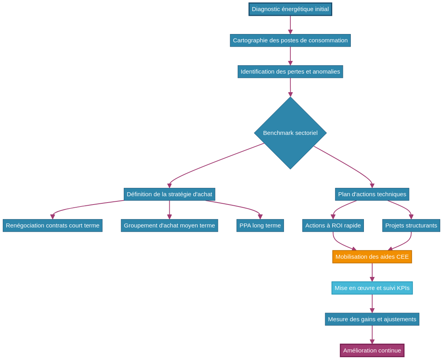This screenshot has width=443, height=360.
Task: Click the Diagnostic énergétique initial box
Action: pyautogui.click(x=290, y=9)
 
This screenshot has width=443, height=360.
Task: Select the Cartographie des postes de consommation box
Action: pyautogui.click(x=290, y=40)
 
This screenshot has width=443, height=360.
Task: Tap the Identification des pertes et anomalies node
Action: pyautogui.click(x=290, y=72)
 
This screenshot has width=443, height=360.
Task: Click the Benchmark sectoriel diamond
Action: pyautogui.click(x=290, y=133)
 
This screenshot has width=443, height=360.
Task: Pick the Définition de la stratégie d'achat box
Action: pyautogui.click(x=169, y=194)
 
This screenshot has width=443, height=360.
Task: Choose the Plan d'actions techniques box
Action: pyautogui.click(x=372, y=194)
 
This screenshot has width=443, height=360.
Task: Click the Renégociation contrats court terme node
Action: pyautogui.click(x=53, y=225)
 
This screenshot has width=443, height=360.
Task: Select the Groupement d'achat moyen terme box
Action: pyautogui.click(x=169, y=225)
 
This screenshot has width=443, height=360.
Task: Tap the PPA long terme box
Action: pyautogui.click(x=260, y=225)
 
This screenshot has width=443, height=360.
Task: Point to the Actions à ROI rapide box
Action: pyautogui.click(x=333, y=225)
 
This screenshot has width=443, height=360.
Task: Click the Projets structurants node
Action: pyautogui.click(x=411, y=225)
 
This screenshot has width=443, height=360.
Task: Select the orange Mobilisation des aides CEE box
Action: pyautogui.click(x=372, y=257)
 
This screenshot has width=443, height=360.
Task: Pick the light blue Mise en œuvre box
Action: pyautogui.click(x=372, y=288)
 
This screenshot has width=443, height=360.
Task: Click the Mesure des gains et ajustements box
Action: pyautogui.click(x=372, y=319)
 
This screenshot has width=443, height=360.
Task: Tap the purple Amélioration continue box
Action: pyautogui.click(x=372, y=351)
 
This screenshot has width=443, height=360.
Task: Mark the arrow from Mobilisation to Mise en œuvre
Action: pyautogui.click(x=372, y=272)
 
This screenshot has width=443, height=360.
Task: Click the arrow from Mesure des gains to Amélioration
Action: pyautogui.click(x=372, y=335)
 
